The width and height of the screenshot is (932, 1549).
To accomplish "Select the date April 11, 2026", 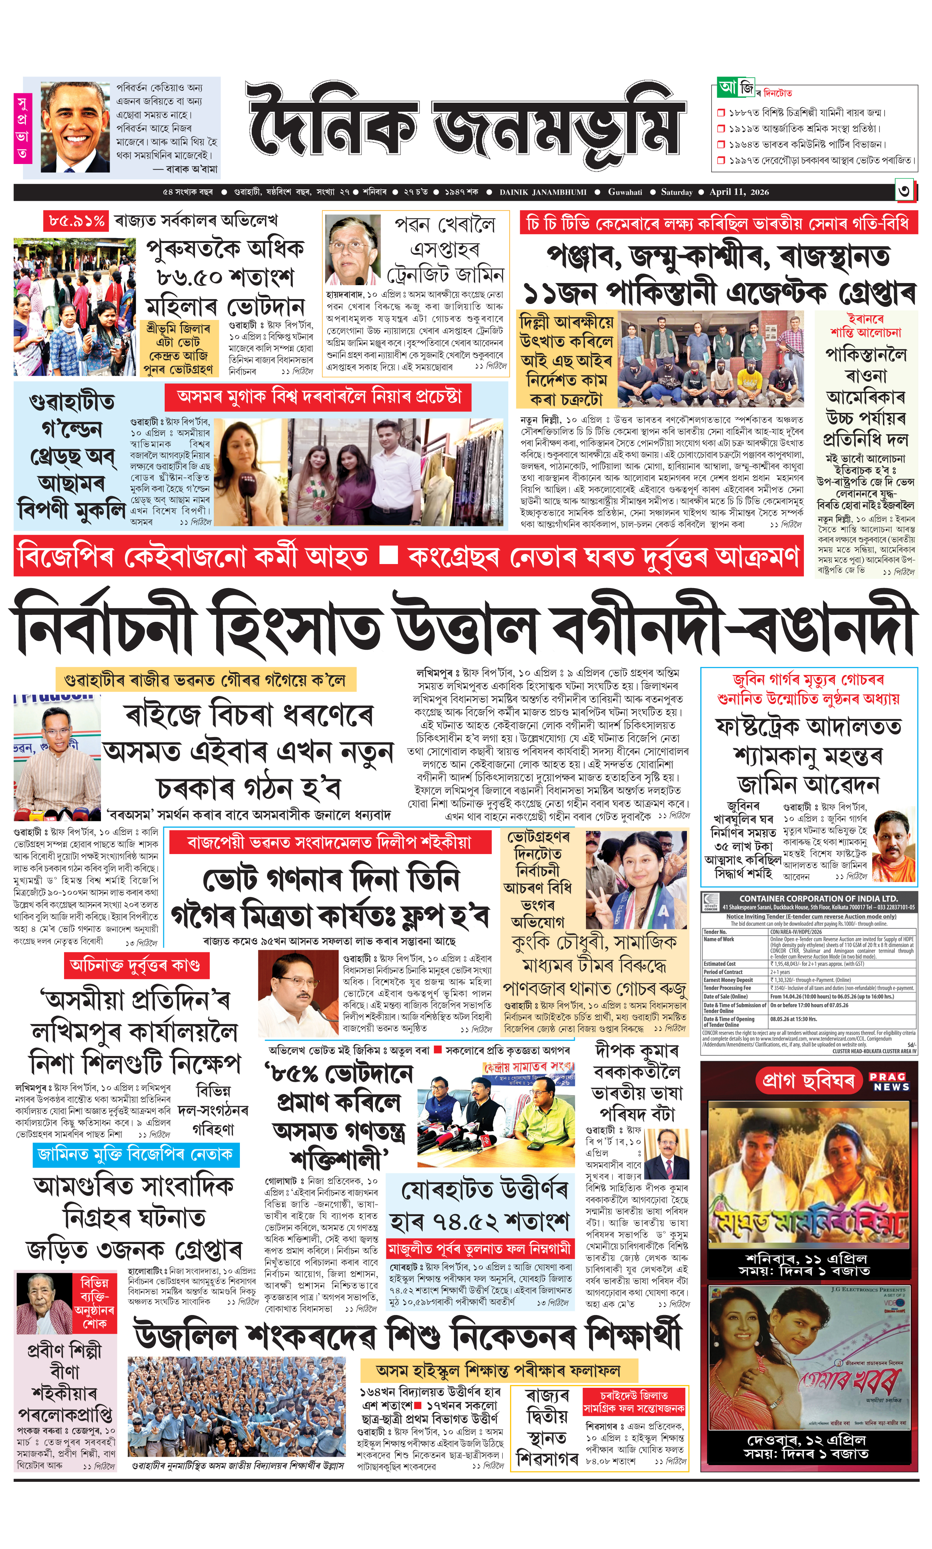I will (738, 192).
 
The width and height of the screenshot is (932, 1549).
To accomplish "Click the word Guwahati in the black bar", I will (625, 192).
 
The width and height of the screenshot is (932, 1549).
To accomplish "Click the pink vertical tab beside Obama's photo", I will (23, 128).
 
